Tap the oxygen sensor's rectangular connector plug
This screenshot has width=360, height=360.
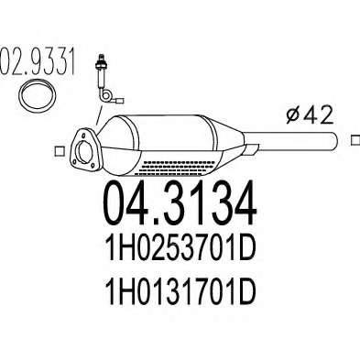tap(121, 100)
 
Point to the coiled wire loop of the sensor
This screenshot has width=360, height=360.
tap(106, 95)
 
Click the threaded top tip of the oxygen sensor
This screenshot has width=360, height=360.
tap(100, 58)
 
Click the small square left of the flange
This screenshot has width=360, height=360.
tap(60, 151)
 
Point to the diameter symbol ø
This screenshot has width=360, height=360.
tap(294, 116)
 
